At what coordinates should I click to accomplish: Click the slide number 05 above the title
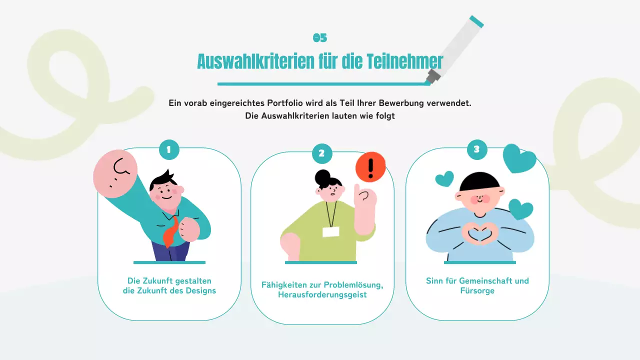click(320, 38)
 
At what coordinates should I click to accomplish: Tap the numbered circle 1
click(169, 149)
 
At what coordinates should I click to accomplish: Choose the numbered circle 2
click(322, 153)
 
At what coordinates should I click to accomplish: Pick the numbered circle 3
click(476, 149)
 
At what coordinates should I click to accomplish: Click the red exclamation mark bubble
click(370, 167)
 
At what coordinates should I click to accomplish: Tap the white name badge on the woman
click(330, 231)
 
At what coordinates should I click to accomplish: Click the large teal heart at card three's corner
click(519, 159)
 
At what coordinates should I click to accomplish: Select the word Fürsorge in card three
click(477, 290)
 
